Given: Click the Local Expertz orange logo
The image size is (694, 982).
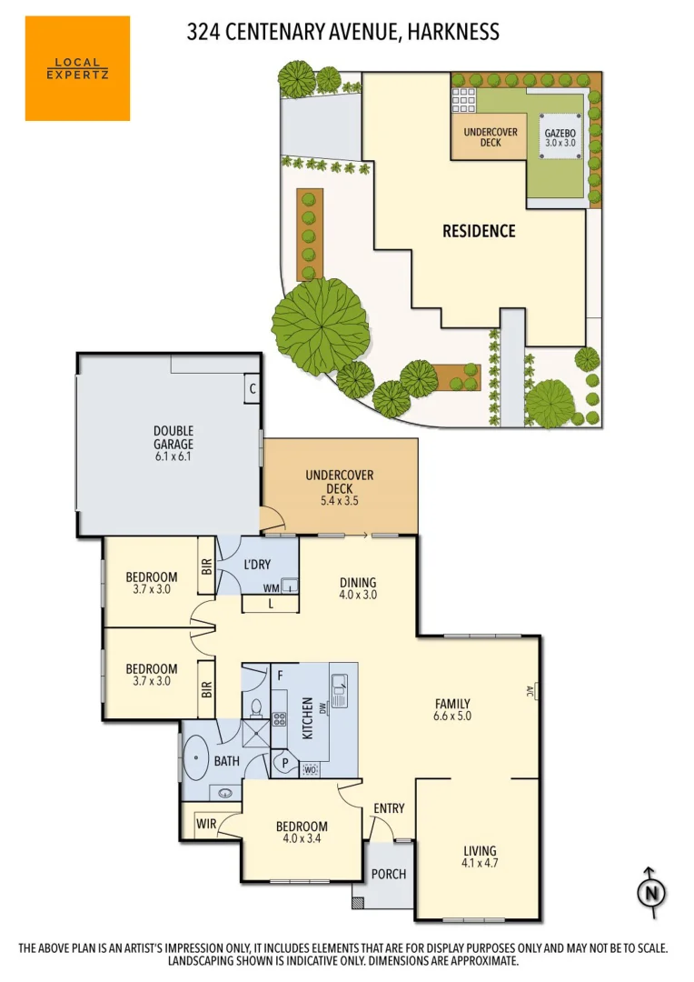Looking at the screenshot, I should click(77, 68).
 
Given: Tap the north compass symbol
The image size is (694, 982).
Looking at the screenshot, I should click(650, 892).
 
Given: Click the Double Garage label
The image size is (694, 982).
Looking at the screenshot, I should click(173, 437).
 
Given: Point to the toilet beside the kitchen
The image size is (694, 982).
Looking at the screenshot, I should click(255, 707).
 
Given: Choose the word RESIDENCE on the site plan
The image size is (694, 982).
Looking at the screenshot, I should click(479, 231).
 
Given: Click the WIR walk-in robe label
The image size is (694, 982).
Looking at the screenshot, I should click(207, 824).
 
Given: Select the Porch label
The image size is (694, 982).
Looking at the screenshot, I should click(388, 875).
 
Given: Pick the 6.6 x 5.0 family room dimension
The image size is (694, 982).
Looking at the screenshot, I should click(451, 716).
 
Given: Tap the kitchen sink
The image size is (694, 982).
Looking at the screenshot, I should click(340, 691).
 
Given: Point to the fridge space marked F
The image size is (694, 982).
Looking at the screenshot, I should click(281, 676).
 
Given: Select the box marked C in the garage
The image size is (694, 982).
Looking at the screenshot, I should click(252, 389).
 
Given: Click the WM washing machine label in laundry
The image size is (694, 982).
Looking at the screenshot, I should click(272, 589).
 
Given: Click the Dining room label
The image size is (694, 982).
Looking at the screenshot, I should click(358, 583).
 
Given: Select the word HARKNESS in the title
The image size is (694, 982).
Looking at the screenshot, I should click(452, 32).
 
